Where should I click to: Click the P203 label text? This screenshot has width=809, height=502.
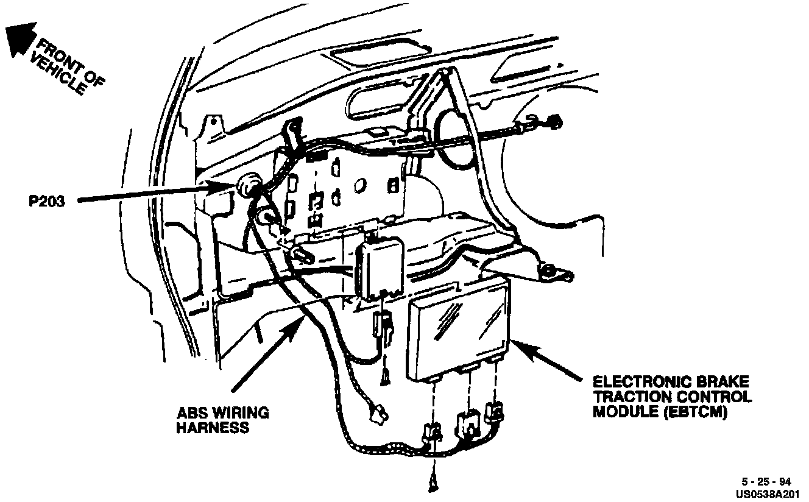pos(46,202)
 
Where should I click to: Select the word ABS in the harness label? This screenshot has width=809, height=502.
pos(190,413)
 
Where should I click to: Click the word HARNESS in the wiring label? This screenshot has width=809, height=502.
pos(213,428)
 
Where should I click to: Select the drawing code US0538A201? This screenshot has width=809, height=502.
pos(766,492)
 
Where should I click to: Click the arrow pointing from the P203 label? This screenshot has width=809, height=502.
pos(152,196)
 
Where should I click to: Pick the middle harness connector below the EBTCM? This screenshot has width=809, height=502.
pos(468,421)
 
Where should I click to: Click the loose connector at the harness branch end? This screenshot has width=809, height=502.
pos(380,417)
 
